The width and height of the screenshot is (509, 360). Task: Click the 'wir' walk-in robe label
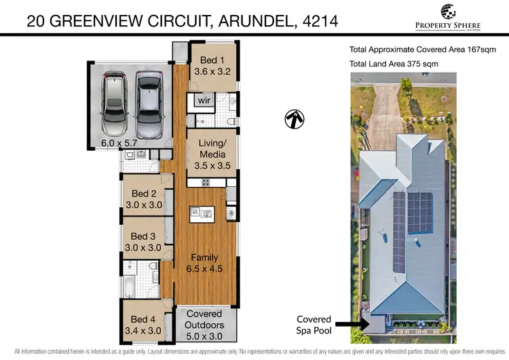click(204, 101)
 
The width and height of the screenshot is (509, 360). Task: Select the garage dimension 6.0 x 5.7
click(118, 143)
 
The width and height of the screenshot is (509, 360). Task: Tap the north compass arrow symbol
click(294, 119)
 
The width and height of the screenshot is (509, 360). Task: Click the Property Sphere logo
click(447, 16)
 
